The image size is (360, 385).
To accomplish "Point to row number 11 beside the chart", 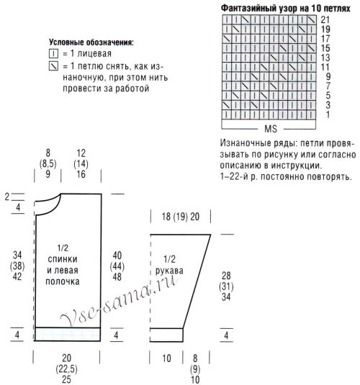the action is [325, 66].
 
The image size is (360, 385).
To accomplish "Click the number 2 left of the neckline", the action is [6, 196].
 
